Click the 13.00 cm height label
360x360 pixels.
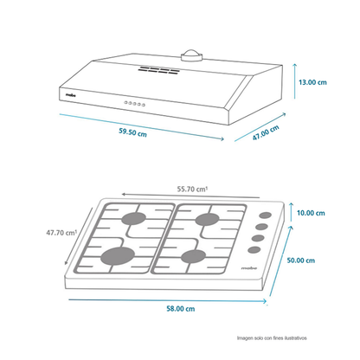click(x=312, y=82)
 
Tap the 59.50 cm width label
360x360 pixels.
click(x=132, y=132)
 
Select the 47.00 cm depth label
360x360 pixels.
click(x=266, y=132)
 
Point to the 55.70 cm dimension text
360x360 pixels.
click(x=192, y=190)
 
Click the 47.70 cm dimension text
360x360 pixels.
click(x=61, y=233)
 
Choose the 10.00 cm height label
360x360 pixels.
click(x=311, y=213)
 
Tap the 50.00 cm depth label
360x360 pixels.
click(x=301, y=260)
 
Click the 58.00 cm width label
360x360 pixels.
click(x=181, y=309)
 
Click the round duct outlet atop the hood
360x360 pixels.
click(x=191, y=55)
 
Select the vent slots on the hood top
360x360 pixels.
click(x=158, y=70)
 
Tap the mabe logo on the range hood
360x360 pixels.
click(x=70, y=94)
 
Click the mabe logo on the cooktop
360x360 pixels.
click(x=249, y=268)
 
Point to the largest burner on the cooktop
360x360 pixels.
click(x=118, y=256)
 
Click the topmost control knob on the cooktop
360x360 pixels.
click(x=265, y=215)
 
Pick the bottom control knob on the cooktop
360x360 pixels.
click(x=254, y=250)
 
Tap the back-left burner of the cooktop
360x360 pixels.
click(x=133, y=219)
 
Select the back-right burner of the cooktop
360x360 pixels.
click(x=207, y=220)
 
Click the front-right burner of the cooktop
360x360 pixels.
click(x=193, y=256)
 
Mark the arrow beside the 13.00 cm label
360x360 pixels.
click(x=294, y=81)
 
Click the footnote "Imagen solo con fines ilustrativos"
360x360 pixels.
click(x=272, y=338)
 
